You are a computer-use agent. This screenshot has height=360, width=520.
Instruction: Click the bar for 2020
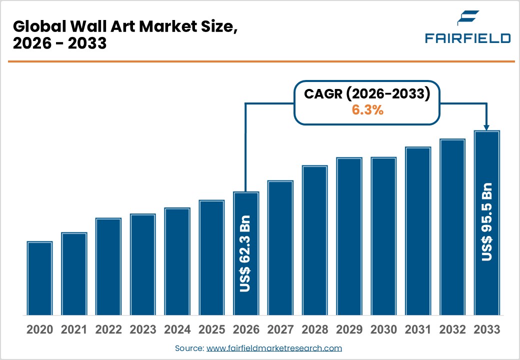click(x=39, y=278)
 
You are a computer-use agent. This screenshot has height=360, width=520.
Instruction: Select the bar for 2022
click(x=108, y=266)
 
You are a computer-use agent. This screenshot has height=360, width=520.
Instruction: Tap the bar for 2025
click(x=211, y=257)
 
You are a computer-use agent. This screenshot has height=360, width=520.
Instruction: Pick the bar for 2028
click(x=314, y=240)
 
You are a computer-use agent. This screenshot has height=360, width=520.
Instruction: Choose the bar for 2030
click(x=383, y=236)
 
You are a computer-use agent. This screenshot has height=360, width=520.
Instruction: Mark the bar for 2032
click(x=452, y=227)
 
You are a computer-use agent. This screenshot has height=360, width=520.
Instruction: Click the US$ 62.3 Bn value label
click(x=245, y=253)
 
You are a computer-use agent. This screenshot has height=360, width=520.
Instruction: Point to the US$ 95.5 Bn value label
click(x=486, y=221)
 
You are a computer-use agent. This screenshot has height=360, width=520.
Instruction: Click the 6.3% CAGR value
click(x=367, y=110)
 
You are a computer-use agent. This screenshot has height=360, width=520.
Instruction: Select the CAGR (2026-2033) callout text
click(x=367, y=93)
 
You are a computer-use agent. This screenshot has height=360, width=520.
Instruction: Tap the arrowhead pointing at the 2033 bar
click(x=486, y=127)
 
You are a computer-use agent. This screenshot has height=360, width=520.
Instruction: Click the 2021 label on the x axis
click(x=74, y=330)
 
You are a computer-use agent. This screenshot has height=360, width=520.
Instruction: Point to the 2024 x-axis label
click(x=177, y=330)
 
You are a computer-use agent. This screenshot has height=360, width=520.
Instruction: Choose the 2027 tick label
click(x=280, y=330)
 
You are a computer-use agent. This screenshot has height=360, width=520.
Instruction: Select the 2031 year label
click(x=417, y=330)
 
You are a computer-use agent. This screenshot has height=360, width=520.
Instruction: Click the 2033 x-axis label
click(x=486, y=330)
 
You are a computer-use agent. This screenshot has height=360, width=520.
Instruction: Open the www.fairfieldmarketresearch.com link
click(x=274, y=348)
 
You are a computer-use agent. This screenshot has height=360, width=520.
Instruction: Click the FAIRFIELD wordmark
click(x=467, y=38)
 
